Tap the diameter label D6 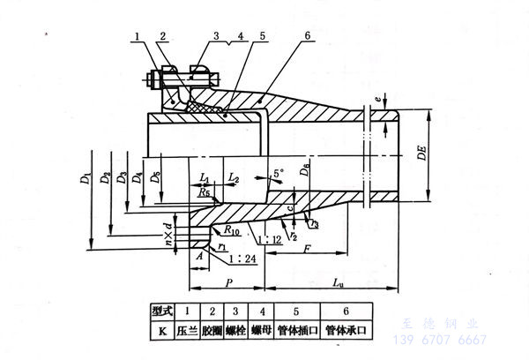tap(305, 169)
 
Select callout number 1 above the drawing tap(139, 35)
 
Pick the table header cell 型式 tap(160, 311)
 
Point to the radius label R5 tap(205, 191)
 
